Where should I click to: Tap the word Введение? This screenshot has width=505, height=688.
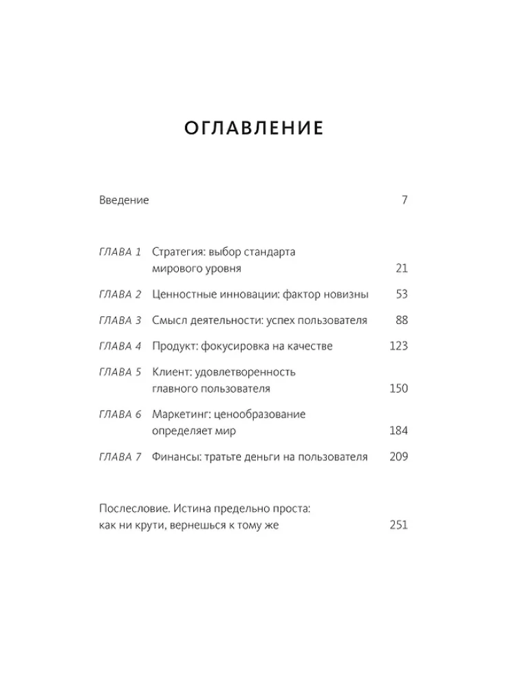pos(124,200)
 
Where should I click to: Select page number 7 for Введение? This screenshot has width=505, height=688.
pos(405,200)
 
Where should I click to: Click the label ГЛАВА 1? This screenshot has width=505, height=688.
pos(120,252)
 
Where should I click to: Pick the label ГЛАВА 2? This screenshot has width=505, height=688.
pos(120,294)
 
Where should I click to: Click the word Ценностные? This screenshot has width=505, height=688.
pos(181,294)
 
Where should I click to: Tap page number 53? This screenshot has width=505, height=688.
pos(402,294)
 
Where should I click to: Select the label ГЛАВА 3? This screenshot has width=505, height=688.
pos(120,321)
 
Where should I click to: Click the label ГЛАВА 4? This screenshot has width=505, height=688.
pos(120,346)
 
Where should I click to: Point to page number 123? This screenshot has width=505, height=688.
pos(399,346)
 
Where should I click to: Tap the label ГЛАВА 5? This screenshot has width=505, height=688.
pos(120,372)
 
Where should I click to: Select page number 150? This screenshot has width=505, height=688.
pos(399,389)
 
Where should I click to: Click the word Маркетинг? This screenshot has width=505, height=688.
pos(177,415)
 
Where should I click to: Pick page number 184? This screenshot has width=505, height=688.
pos(399,431)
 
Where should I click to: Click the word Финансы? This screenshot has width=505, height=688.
pos(175,457)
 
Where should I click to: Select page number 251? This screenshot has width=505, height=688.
pos(399,525)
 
